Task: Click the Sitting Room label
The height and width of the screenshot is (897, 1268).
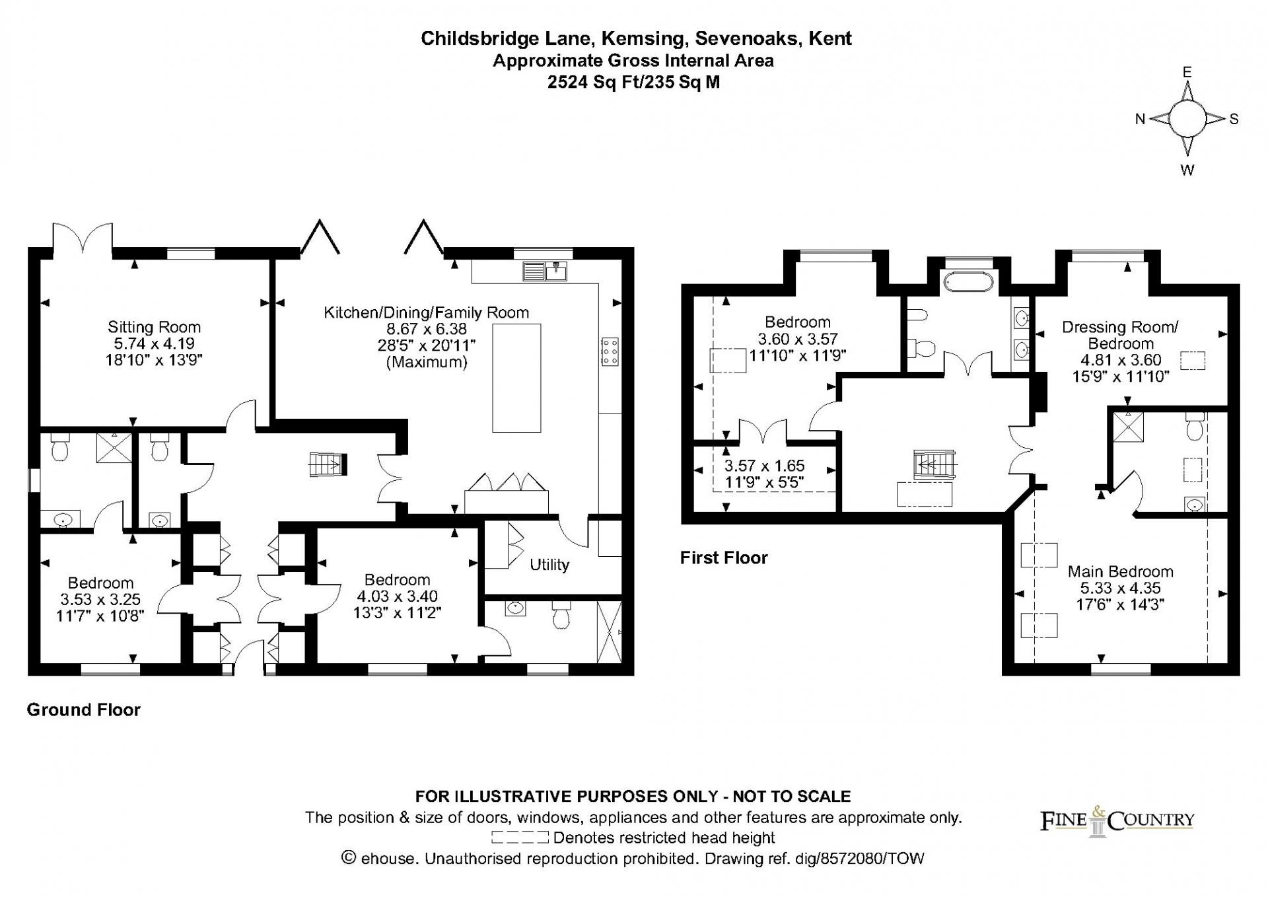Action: pos(154,327)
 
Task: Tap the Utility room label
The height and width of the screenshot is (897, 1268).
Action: pos(549,565)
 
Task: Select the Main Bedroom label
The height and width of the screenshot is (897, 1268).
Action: pos(1120,571)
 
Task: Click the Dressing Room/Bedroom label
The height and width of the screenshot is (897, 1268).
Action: pos(1120,335)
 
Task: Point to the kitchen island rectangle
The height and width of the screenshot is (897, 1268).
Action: pos(516,378)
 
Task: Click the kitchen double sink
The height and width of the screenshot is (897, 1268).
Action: pos(545,271)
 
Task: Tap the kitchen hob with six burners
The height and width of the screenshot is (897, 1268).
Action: pos(610,351)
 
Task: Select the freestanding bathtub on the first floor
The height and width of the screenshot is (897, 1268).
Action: pos(969,281)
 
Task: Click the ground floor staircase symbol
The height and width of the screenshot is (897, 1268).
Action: pos(328,464)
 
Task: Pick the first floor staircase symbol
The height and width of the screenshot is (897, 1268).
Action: pos(934,464)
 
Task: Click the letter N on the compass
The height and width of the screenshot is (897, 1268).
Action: pos(1140,119)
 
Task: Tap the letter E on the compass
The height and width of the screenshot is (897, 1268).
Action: pos(1187,72)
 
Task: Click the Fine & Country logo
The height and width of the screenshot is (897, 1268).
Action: pos(1117,820)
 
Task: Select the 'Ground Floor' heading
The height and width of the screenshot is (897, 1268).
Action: pos(84,710)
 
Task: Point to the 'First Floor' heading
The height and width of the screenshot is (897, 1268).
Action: pos(724,558)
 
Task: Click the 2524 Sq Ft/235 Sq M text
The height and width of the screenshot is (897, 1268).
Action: pos(633,82)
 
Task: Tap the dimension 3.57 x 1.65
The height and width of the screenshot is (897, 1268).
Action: pos(765,466)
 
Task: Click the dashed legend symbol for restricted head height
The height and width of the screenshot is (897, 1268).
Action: pos(520,838)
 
